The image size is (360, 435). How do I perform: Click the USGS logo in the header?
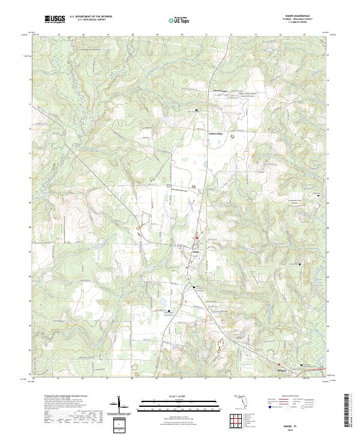click(55, 19)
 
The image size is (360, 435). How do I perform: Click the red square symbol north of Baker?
click(196, 239)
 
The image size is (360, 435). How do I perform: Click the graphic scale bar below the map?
click(179, 404)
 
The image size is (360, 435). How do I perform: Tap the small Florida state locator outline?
click(239, 398)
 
